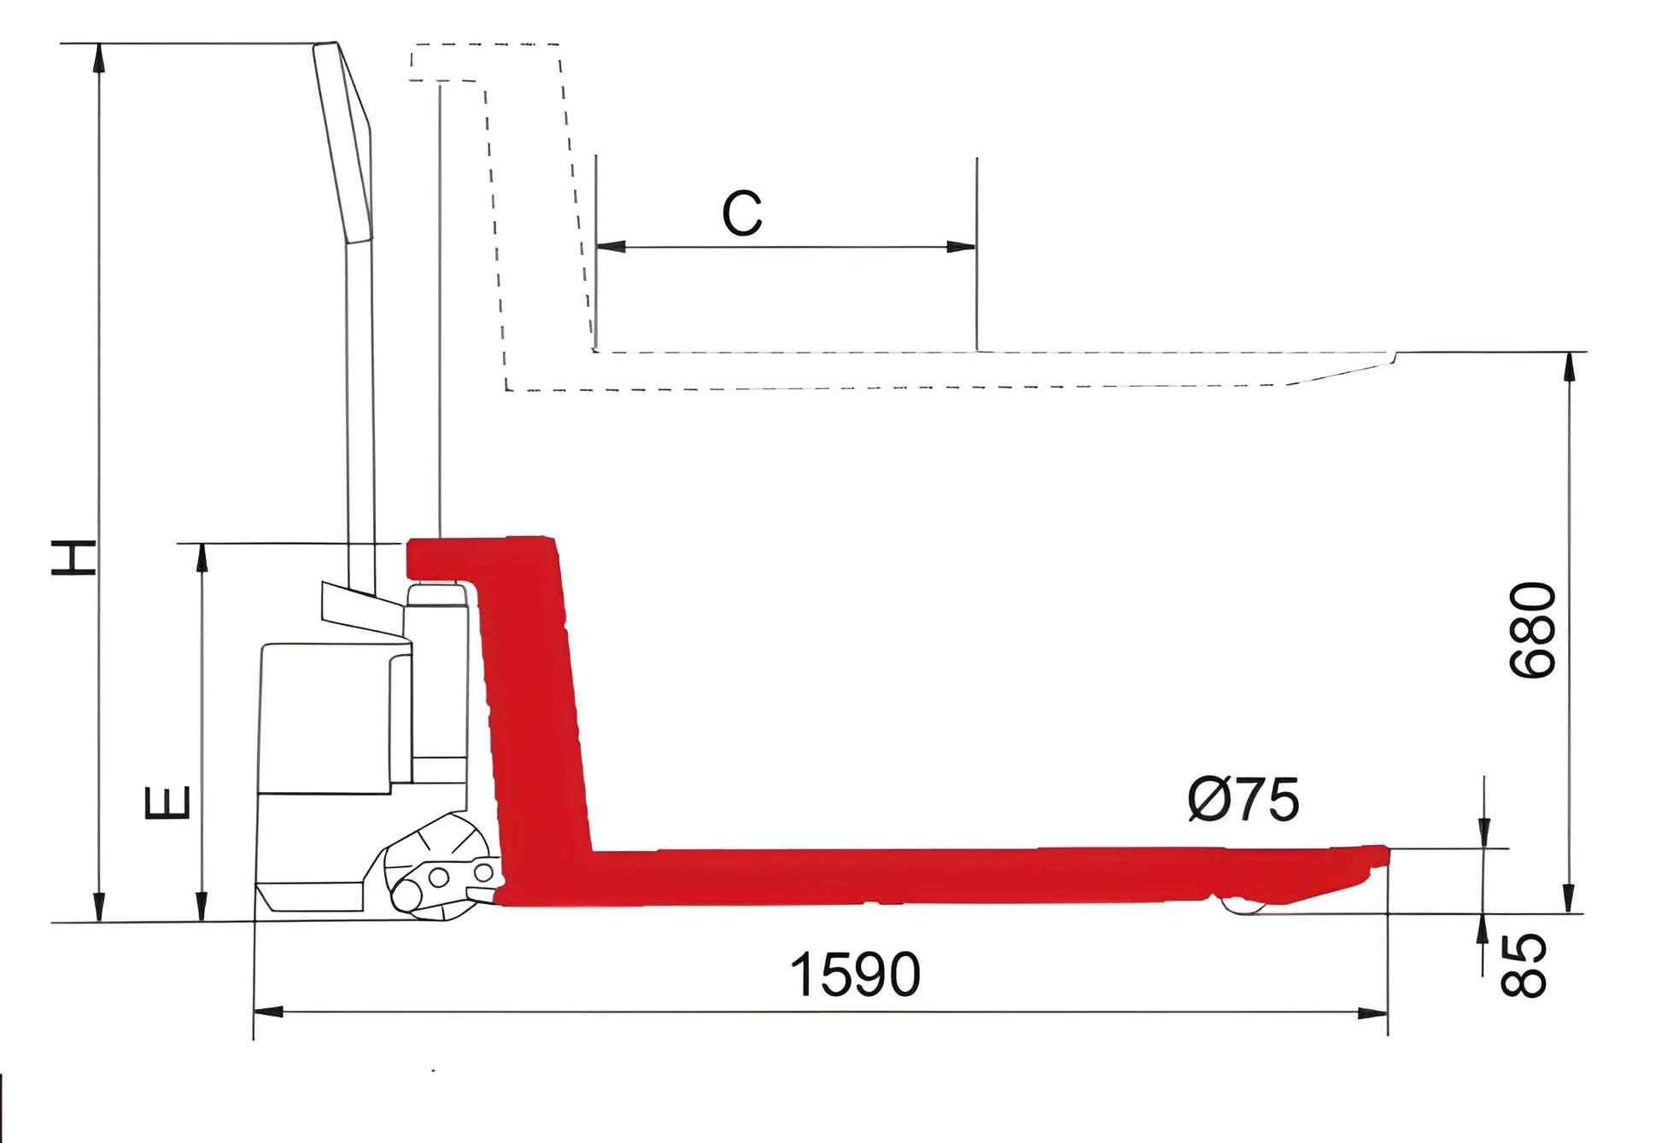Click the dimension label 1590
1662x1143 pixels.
point(855,974)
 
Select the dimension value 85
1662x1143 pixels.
point(1524,965)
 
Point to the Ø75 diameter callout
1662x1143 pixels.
point(1244,800)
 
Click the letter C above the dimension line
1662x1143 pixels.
point(741,213)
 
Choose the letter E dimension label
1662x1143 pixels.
point(167,802)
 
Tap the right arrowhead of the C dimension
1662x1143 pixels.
point(962,247)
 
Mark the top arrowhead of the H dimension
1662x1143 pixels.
point(100,58)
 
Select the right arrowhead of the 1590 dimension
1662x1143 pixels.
point(1373,1013)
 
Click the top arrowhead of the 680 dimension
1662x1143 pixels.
point(1569,367)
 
